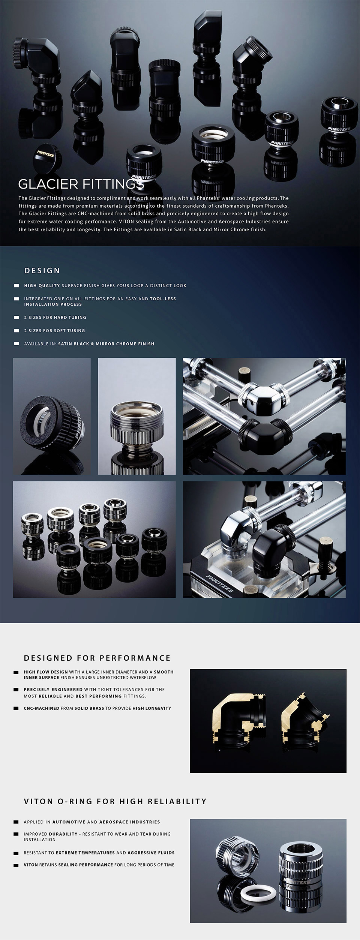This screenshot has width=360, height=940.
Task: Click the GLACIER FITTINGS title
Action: point(81,184)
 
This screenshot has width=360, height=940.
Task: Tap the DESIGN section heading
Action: point(42,270)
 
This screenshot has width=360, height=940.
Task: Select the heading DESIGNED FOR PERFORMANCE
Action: point(97,658)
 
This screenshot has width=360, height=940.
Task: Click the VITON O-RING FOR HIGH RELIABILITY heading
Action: point(115,801)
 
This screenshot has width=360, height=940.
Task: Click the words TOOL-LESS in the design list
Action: point(163,299)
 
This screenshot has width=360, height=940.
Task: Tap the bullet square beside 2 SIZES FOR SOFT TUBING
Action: point(16,330)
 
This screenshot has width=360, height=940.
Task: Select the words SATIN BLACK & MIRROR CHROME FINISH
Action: point(106,343)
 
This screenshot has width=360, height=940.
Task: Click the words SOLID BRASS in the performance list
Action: point(89,708)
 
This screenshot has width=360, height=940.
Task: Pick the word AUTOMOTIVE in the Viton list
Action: point(69,822)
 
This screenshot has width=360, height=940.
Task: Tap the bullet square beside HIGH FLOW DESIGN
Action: point(16,672)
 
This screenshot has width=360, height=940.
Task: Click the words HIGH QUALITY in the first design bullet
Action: point(42,285)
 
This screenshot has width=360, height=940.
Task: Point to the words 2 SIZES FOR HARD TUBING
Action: point(55,317)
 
